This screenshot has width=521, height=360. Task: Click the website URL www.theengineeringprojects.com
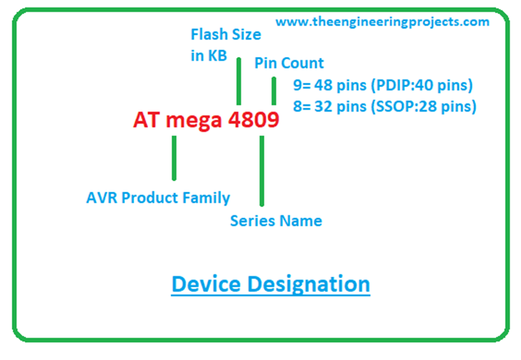[382, 22]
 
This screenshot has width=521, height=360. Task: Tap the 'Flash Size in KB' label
[225, 45]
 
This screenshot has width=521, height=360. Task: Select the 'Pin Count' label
[289, 64]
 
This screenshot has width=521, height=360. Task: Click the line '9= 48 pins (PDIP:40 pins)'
[383, 85]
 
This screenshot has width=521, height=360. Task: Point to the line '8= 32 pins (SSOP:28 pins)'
[385, 107]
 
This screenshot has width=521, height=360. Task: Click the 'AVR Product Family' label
[158, 198]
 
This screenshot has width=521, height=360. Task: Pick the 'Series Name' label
[276, 221]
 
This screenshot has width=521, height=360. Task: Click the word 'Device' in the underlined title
[206, 284]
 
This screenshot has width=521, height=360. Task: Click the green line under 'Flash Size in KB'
[238, 81]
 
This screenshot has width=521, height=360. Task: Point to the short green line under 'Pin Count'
[274, 91]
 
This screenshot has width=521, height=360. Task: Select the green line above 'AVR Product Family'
[174, 158]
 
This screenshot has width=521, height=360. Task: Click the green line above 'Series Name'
[262, 170]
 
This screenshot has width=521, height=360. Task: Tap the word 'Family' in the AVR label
[209, 198]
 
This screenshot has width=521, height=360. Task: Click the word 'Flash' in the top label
[206, 35]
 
